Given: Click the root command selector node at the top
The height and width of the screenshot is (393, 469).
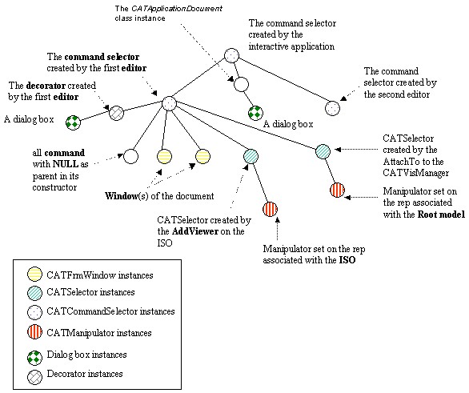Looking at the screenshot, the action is (231, 56).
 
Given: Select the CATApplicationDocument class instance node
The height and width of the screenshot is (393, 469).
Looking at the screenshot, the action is (241, 84).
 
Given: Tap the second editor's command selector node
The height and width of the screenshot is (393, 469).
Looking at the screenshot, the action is (332, 108).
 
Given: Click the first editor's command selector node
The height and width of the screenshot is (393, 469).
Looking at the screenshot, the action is (170, 103).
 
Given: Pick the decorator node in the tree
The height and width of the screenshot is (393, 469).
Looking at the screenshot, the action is (116, 113).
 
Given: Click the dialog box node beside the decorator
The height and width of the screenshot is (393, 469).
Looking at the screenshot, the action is (74, 122).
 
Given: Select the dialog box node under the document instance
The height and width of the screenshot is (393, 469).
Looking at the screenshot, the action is (256, 113).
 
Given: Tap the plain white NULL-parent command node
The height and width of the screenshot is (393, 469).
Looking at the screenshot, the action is (130, 156).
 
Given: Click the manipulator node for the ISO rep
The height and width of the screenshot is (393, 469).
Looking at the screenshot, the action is (270, 209).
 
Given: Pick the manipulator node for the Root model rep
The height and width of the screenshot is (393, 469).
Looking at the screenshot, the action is (338, 190).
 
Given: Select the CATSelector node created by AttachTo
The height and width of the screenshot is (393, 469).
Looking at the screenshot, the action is (323, 151).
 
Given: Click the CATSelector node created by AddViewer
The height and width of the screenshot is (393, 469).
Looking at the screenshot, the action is (251, 156).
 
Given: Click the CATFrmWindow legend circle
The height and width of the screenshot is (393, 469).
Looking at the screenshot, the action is (34, 275).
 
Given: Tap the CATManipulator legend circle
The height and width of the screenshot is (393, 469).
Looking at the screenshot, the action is (34, 332).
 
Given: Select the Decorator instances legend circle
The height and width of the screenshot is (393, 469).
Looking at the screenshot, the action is (34, 378).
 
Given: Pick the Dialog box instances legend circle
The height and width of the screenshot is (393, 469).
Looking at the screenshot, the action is (34, 358).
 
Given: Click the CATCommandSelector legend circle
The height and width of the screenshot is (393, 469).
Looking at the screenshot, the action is (34, 312).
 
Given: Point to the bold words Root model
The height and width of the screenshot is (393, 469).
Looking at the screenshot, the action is (441, 215).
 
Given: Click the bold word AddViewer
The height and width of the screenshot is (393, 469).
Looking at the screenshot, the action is (195, 231).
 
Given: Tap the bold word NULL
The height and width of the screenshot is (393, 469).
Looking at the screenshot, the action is (66, 164).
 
